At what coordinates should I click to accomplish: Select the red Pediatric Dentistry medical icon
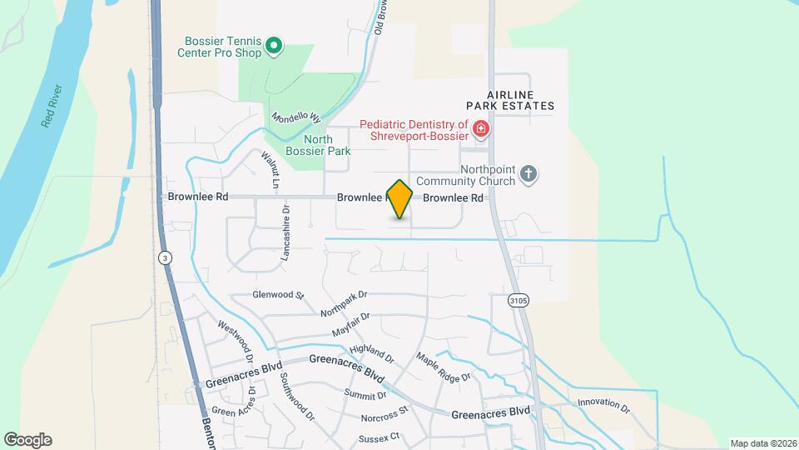point(480,129)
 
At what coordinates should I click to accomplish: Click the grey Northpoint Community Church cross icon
point(527,173)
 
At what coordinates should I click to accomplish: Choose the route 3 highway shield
point(166,258)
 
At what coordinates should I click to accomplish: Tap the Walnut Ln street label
point(269,168)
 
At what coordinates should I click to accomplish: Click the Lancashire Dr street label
point(285,235)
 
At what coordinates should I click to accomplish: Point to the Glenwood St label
point(279,295)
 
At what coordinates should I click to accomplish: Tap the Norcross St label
point(385,413)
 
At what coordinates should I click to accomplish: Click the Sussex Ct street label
point(380,437)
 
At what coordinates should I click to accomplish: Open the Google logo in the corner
point(27,439)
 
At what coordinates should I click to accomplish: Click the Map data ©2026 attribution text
point(762,443)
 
